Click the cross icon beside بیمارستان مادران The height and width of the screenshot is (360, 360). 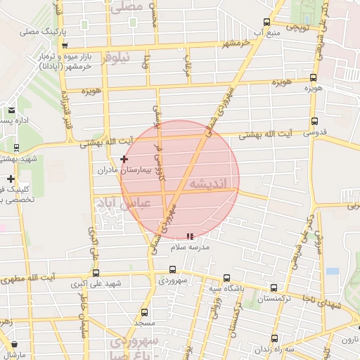pyautogui.click(x=124, y=160)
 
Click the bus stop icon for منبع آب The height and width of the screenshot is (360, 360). pyautogui.click(x=265, y=22)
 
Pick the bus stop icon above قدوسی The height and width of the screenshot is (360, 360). pyautogui.click(x=314, y=121)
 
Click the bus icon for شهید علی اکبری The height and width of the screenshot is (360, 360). pyautogui.click(x=96, y=273)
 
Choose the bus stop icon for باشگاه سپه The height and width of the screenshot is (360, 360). pyautogui.click(x=226, y=278)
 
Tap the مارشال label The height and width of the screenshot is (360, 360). pyautogui.click(x=13, y=354)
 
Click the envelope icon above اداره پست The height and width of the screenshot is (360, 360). pyautogui.click(x=12, y=110)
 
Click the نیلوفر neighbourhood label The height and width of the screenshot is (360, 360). pyautogui.click(x=115, y=59)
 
